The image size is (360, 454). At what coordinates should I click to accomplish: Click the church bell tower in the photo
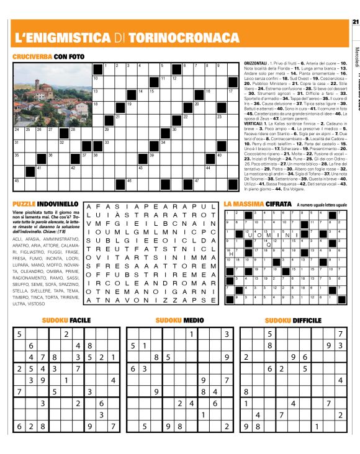coord(37,82)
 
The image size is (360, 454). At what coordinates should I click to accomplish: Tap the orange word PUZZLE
coord(24,203)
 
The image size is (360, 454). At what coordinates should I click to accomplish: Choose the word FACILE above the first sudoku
coord(79,320)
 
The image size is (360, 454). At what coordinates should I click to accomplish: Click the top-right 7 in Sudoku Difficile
coord(340,334)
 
